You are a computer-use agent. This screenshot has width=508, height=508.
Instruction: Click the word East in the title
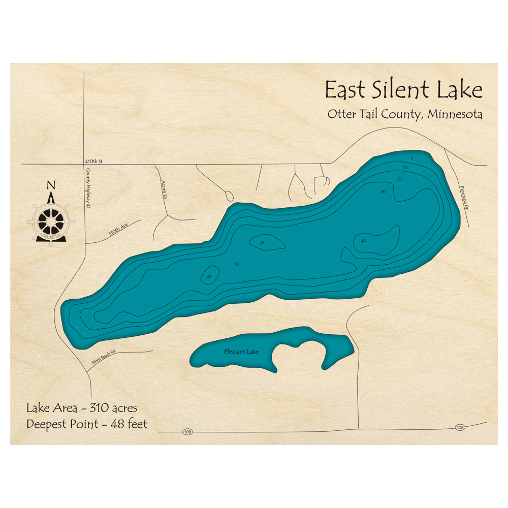(x=344, y=90)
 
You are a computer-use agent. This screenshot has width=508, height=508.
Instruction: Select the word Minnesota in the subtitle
(x=455, y=114)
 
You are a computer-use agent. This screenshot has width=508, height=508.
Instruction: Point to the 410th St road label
(x=94, y=162)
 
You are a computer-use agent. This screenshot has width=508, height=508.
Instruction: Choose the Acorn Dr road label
(x=164, y=189)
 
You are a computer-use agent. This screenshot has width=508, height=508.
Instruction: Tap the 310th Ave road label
(x=118, y=232)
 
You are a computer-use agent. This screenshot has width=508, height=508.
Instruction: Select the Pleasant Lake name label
(x=241, y=352)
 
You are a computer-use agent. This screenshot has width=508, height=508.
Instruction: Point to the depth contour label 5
(x=411, y=160)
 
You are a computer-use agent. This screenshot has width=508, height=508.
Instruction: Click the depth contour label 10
(x=405, y=168)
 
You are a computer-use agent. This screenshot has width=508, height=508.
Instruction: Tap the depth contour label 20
(x=400, y=179)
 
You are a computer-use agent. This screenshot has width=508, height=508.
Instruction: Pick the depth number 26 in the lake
(x=262, y=242)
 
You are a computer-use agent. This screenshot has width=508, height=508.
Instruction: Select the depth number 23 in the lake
(x=209, y=276)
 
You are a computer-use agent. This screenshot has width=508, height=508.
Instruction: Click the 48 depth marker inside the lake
(x=363, y=241)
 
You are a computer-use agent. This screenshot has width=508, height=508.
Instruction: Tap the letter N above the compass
(x=51, y=185)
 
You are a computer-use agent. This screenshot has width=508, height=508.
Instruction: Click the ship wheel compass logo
(x=51, y=220)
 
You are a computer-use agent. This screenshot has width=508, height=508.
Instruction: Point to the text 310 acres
(x=113, y=408)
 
